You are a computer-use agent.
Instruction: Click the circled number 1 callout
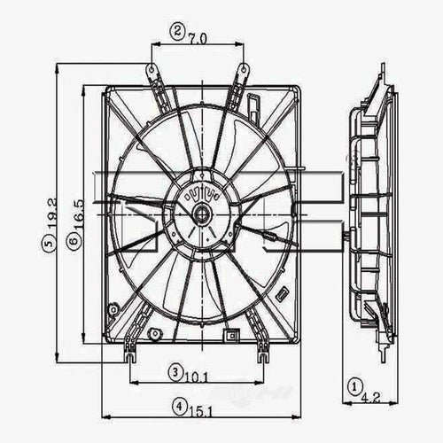point(354,385)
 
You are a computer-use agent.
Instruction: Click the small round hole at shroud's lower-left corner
point(113,309)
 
